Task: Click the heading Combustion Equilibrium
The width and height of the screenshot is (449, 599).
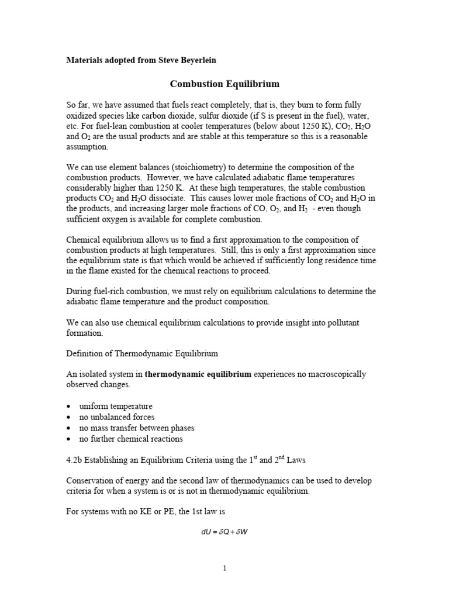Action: [224, 84]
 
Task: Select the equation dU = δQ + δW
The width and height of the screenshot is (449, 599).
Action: [224, 532]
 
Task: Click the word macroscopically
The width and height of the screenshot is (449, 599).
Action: [335, 374]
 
